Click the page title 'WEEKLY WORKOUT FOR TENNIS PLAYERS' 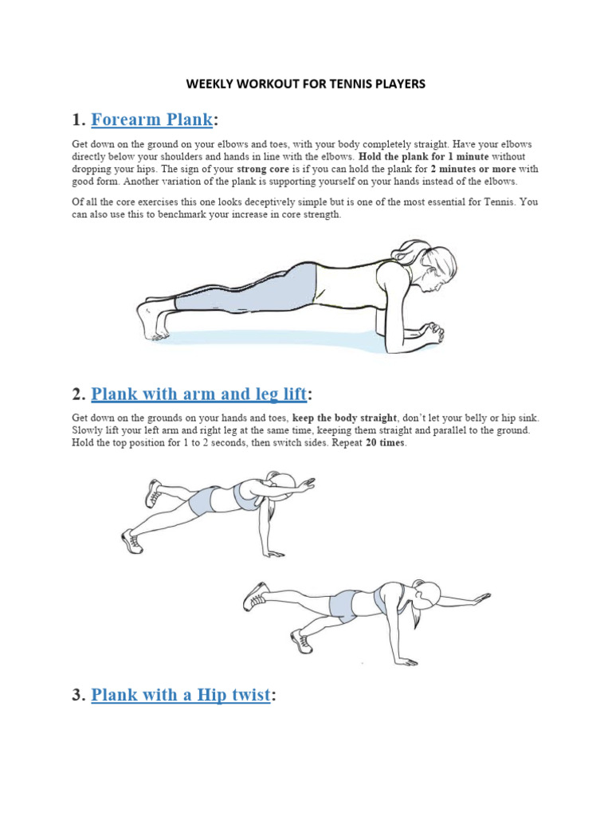(x=306, y=84)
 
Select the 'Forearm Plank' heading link (x=152, y=120)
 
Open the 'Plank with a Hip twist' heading (x=181, y=695)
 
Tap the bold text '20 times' (x=386, y=443)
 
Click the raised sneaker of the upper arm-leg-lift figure (x=153, y=493)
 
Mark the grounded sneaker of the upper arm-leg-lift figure (x=131, y=542)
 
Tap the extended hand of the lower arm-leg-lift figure (x=478, y=597)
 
